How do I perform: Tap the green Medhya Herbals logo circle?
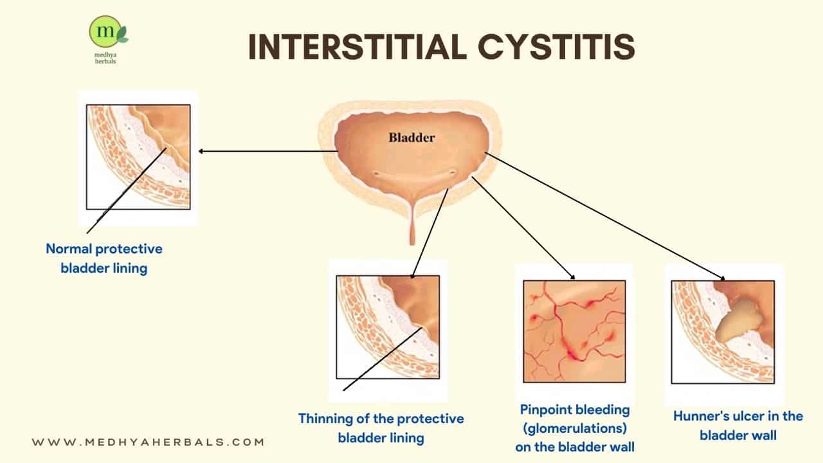click(x=102, y=32)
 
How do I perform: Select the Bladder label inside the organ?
click(x=411, y=137)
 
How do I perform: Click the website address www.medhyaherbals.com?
click(x=149, y=442)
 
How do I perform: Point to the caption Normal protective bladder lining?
click(x=104, y=258)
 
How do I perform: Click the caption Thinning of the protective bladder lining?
click(x=381, y=428)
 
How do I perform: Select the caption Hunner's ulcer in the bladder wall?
click(x=737, y=425)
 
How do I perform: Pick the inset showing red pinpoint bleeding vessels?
click(x=574, y=331)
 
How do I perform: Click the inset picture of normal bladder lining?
click(x=138, y=157)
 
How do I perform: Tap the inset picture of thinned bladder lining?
click(x=388, y=327)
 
